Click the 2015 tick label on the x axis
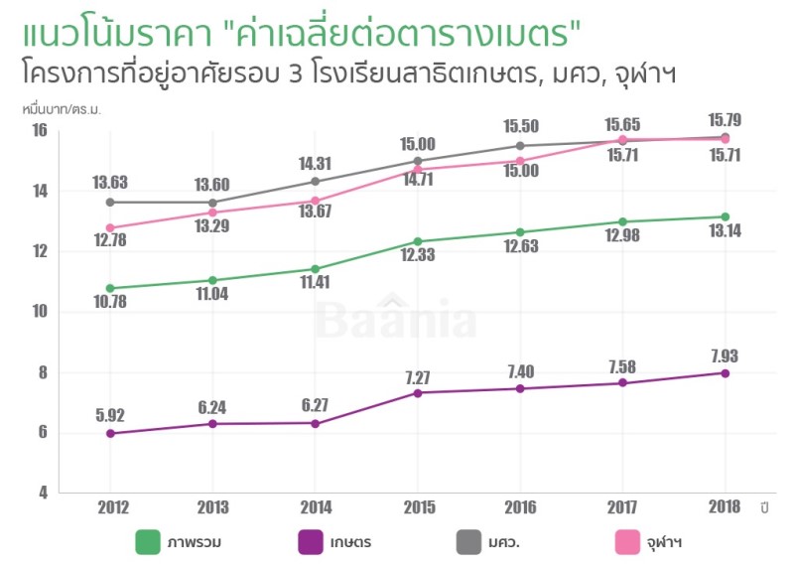click(x=418, y=507)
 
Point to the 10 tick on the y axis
click(x=40, y=312)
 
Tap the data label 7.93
click(x=726, y=356)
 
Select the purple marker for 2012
click(x=110, y=433)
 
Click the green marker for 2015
click(x=418, y=241)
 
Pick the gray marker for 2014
click(x=316, y=181)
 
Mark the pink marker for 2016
click(x=520, y=161)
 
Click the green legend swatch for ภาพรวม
click(x=148, y=542)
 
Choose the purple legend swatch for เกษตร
click(x=311, y=542)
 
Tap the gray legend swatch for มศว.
click(x=467, y=542)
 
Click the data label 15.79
click(x=726, y=120)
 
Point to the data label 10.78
click(x=110, y=305)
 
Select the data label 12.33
click(x=418, y=258)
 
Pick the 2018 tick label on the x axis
click(x=726, y=507)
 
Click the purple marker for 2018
click(x=726, y=373)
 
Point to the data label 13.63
click(x=110, y=183)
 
